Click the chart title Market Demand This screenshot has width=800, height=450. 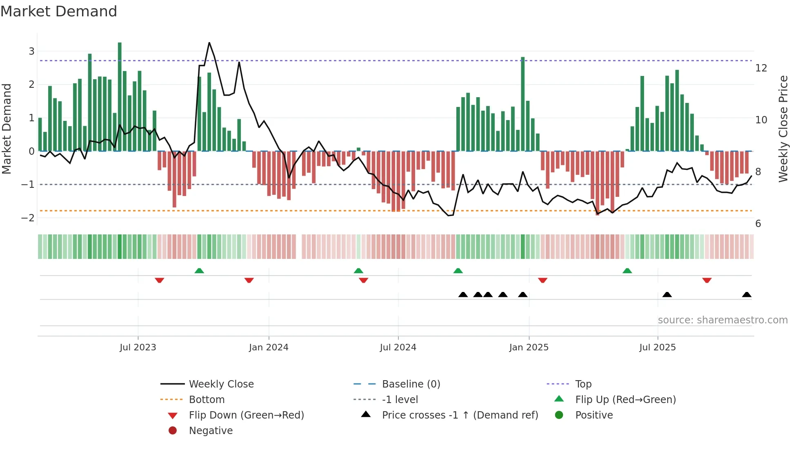coord(59,11)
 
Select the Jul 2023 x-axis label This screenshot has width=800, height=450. coord(138,348)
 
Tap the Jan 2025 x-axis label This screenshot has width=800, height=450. coord(529,348)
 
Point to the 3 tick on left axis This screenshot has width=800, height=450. coord(31,51)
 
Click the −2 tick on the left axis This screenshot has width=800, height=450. coord(28,218)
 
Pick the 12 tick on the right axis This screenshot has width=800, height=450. coord(761,68)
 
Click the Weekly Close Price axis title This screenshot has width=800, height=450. coord(783,129)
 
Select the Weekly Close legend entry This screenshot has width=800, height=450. coord(221,384)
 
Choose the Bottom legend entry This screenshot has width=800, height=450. coord(207,400)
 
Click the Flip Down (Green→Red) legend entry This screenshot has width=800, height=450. coord(246,415)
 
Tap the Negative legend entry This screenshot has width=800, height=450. coord(211,431)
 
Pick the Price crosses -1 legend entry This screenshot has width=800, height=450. coord(460,415)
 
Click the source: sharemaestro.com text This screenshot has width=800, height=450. coord(722,320)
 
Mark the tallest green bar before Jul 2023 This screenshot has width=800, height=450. coord(120,96)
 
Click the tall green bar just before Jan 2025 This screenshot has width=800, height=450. coord(523,104)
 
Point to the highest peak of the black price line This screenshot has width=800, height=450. coord(209,43)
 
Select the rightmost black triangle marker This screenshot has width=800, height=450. coord(747,294)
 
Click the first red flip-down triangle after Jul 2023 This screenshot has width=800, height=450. coord(160,281)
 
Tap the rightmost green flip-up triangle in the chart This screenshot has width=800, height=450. coord(627,271)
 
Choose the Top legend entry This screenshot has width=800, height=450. coord(583,384)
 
